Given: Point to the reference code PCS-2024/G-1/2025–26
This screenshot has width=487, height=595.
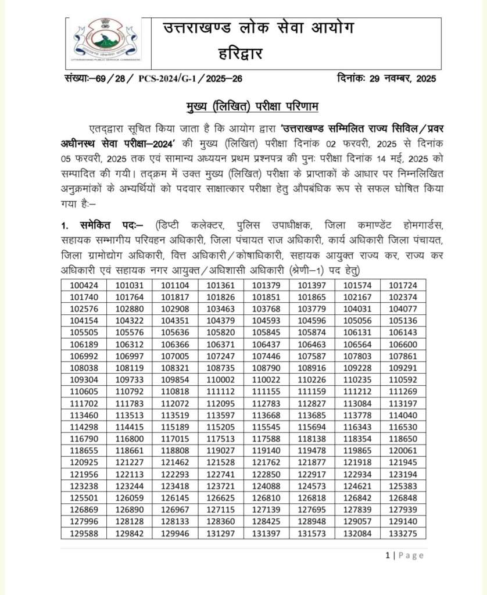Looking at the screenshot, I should (198, 79).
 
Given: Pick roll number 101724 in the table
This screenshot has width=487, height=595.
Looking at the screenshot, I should (403, 285).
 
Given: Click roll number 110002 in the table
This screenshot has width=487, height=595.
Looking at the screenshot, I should (220, 379).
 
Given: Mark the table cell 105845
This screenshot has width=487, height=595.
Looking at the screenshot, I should (266, 332).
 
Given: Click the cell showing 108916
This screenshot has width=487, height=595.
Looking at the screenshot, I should (312, 367).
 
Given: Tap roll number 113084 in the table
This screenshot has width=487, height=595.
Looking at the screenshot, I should (357, 403).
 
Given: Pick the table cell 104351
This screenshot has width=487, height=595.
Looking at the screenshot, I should (175, 320).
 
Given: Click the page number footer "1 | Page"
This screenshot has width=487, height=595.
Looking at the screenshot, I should (404, 555).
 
